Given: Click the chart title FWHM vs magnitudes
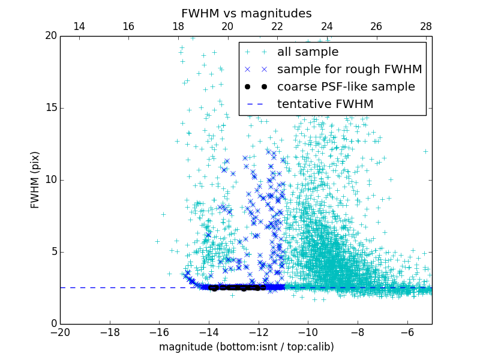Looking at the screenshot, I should pos(246,13).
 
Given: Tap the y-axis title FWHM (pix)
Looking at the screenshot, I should pos(35,180).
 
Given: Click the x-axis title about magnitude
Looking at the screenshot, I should pos(246,347).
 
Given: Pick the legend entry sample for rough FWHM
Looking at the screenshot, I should pos(349,70).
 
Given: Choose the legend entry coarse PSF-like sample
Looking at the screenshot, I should pos(346,87).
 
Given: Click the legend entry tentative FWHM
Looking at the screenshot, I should pos(325,104).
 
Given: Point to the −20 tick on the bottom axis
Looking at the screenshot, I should pos(60,332).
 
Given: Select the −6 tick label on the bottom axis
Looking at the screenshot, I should pos(407,332).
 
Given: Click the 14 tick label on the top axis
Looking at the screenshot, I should pos(79,26).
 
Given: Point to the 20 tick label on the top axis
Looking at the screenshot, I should pos(227,26).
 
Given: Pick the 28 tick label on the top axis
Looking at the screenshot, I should pos(426,26).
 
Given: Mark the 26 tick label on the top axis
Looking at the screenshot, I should pos(376,26).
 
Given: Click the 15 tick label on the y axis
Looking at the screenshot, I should pos(50,108).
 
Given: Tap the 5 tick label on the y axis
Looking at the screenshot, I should pos(53,252).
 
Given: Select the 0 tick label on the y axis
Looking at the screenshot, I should pos(53,324).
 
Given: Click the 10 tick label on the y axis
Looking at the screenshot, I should pos(50,180).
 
